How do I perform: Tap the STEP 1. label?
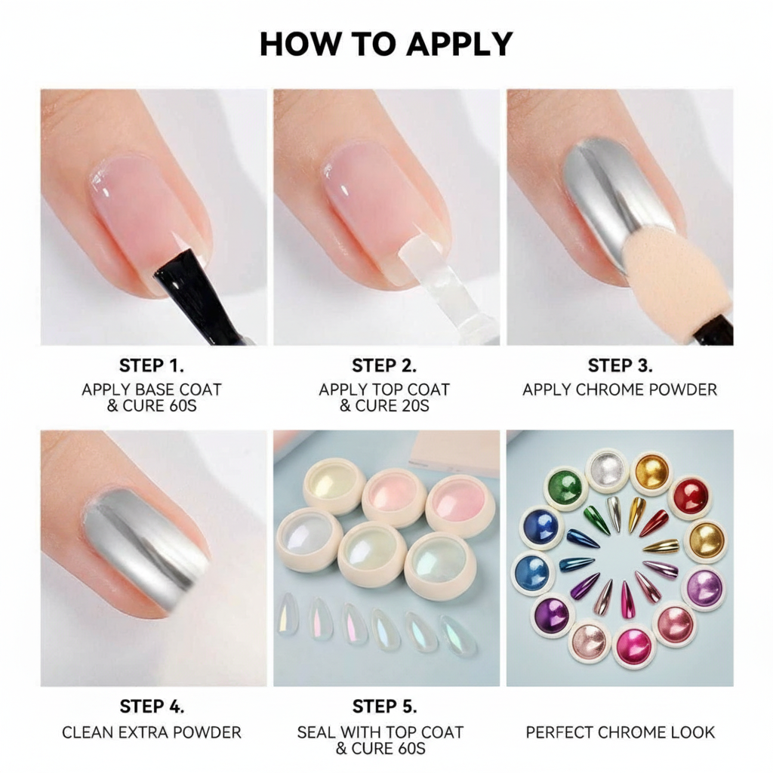tap(152, 366)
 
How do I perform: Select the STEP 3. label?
tap(620, 366)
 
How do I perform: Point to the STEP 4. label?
tap(152, 707)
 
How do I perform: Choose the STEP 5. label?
tap(385, 707)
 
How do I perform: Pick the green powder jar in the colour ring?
tap(565, 487)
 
